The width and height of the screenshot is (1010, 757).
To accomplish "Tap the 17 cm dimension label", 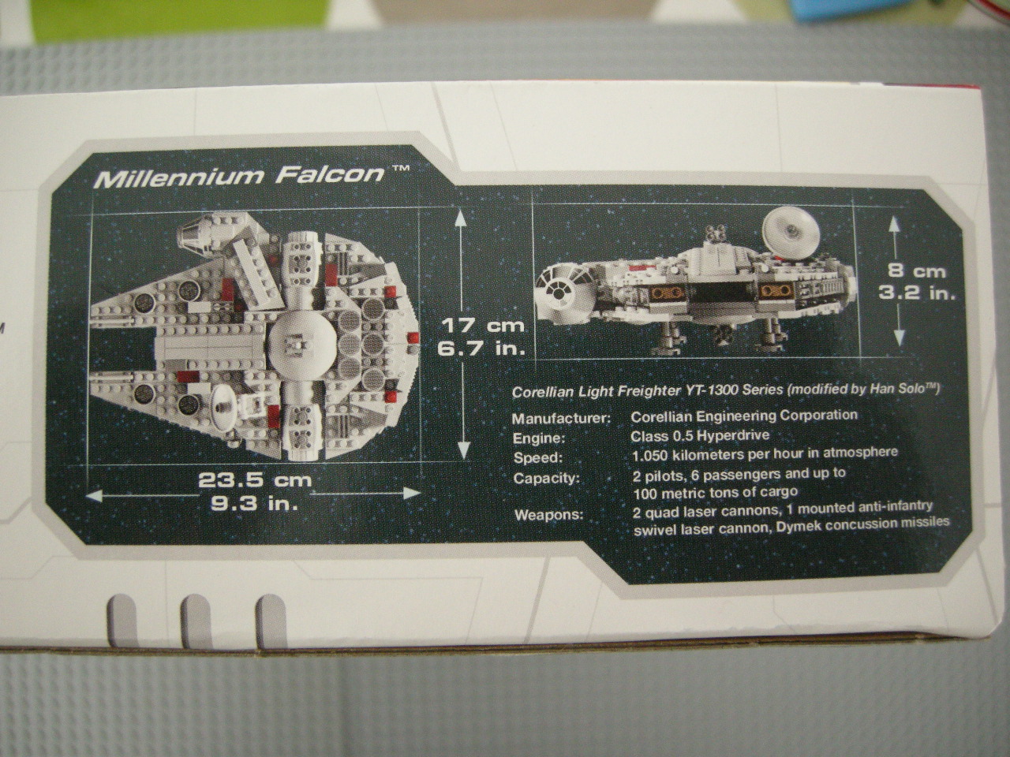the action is click(x=483, y=326).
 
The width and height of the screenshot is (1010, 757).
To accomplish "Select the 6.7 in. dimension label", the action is click(x=481, y=349).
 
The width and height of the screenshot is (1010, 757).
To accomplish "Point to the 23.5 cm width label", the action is click(x=256, y=480).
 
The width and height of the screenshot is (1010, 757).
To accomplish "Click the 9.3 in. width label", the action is click(x=254, y=504).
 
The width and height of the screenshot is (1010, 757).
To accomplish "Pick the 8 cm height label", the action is click(x=917, y=271).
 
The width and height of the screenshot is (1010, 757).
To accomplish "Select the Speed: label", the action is click(x=538, y=459).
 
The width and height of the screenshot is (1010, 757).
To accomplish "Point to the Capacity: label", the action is click(x=546, y=479).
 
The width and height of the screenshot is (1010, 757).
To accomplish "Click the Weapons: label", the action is click(x=548, y=515).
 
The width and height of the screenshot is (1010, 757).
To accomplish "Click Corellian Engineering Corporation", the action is click(x=744, y=416).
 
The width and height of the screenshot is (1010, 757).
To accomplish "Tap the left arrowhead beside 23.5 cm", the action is click(x=95, y=495).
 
